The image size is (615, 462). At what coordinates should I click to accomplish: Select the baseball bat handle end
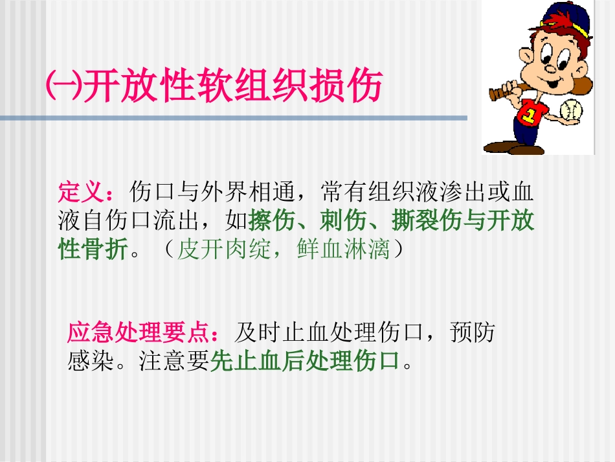(x=493, y=95)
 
